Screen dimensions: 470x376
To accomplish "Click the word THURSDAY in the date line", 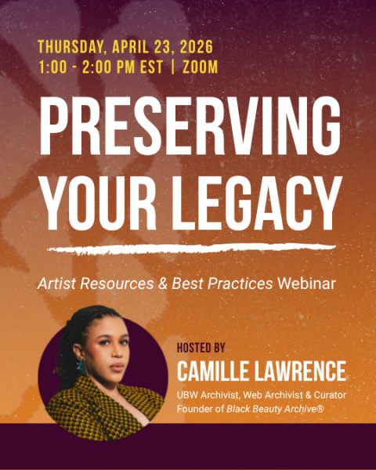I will [x=73, y=46].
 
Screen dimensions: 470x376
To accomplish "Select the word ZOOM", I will [x=200, y=67].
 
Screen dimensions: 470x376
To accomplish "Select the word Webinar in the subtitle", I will [x=306, y=283].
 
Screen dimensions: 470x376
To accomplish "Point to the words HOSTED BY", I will [x=201, y=345].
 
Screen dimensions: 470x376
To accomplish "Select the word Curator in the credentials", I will [x=325, y=395].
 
